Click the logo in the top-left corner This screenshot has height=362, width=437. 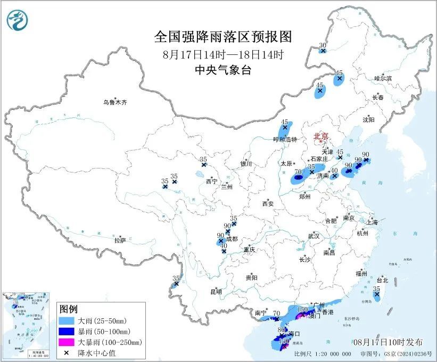(x=18, y=20)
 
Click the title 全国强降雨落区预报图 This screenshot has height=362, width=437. (x=223, y=37)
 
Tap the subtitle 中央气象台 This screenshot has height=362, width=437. (x=223, y=70)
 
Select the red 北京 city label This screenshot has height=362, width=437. (x=321, y=135)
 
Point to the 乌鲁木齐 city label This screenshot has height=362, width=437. (x=116, y=102)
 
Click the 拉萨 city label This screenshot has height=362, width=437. (x=120, y=240)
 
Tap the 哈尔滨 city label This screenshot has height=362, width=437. (x=383, y=78)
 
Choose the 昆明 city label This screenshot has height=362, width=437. (x=215, y=292)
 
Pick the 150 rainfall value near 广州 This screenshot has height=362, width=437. (x=302, y=310)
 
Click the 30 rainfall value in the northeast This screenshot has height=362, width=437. (x=323, y=45)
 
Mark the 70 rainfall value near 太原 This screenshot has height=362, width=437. (x=298, y=172)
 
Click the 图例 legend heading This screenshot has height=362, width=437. (x=68, y=310)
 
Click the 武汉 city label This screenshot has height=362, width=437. (x=314, y=236)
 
